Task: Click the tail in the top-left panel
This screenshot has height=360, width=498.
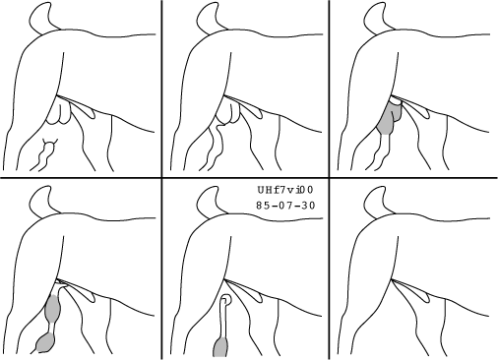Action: tap(41, 18)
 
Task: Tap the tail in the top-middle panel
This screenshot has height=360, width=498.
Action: tap(209, 18)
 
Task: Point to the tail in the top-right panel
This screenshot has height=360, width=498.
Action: tap(376, 18)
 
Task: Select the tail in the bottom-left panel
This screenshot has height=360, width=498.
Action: tap(41, 202)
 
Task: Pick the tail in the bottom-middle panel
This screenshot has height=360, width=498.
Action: tap(209, 202)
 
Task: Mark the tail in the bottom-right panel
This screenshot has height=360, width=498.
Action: tap(376, 202)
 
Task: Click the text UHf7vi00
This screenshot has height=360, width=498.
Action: tap(285, 190)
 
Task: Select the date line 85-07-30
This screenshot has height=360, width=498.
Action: tap(285, 206)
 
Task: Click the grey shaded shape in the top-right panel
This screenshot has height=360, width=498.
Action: tap(389, 117)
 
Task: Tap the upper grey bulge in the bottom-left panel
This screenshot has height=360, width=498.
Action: tap(52, 309)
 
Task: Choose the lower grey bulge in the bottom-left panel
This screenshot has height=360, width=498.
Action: tap(45, 343)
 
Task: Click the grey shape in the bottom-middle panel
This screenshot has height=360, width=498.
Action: tap(220, 347)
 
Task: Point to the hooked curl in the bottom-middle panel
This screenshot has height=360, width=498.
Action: tap(226, 300)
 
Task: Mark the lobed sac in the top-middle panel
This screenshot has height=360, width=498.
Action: tap(227, 112)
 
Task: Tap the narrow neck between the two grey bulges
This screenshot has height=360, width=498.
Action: tap(51, 329)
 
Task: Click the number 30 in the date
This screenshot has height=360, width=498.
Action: tap(309, 206)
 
